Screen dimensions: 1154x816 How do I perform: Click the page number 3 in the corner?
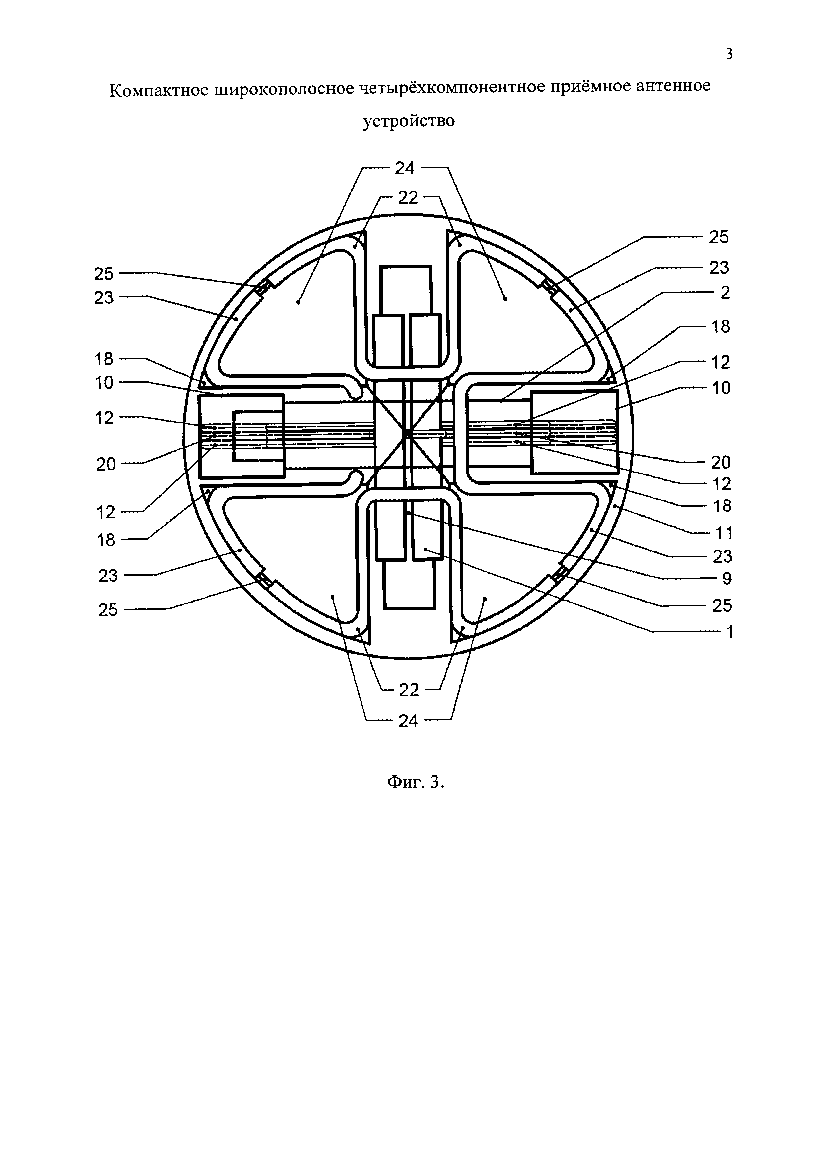[729, 54]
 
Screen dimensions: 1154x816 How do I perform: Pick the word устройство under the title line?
[409, 121]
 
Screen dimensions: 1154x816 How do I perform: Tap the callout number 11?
[724, 533]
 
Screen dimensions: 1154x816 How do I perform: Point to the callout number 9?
[727, 578]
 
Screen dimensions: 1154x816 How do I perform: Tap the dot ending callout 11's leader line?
[616, 507]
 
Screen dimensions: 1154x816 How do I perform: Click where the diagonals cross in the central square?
[406, 433]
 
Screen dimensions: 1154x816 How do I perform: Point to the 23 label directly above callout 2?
[719, 268]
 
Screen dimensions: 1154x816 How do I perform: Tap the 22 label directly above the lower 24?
[409, 690]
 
